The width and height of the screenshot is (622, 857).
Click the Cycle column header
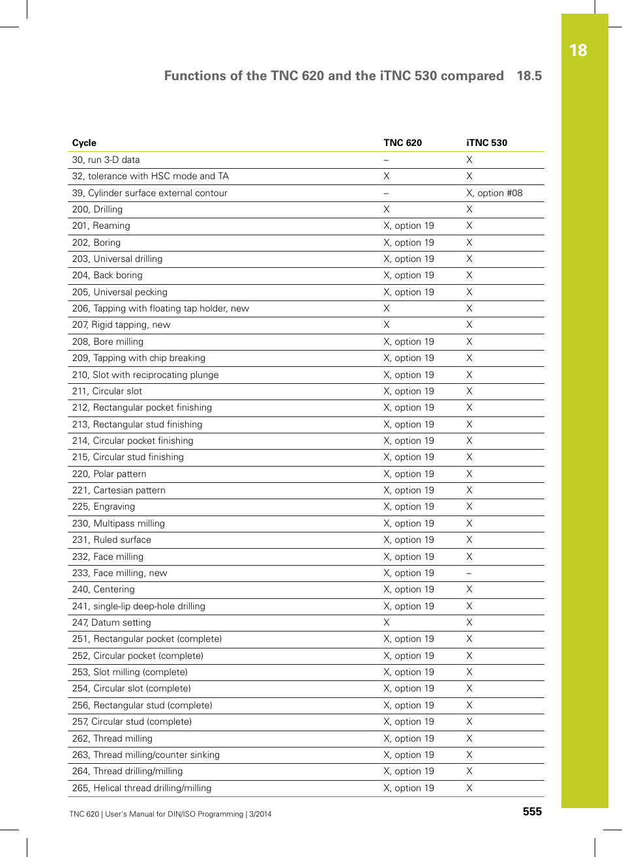[x=84, y=143]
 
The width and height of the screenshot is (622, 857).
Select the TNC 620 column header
[x=402, y=143]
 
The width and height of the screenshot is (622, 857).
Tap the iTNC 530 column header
[x=486, y=143]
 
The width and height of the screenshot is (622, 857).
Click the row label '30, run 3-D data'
[x=106, y=160]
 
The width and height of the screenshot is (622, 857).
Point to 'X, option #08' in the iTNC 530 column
[x=494, y=193]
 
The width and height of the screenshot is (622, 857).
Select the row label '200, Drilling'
[x=97, y=209]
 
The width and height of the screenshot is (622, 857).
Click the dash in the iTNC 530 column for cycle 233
[x=469, y=574]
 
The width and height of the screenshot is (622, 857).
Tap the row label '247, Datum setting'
[x=111, y=622]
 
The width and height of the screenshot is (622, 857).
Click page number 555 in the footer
[x=532, y=811]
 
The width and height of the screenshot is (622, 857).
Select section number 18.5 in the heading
[x=529, y=76]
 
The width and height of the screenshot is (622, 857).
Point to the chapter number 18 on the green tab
[x=578, y=51]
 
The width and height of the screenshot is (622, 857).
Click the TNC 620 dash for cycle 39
[x=386, y=194]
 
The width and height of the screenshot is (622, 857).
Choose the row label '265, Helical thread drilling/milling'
[x=141, y=788]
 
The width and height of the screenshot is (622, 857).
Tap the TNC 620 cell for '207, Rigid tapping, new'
[x=387, y=325]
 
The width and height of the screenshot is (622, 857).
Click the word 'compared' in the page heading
[x=472, y=76]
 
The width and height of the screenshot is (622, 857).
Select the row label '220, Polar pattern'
[x=109, y=474]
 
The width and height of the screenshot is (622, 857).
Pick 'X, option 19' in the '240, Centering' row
[x=409, y=589]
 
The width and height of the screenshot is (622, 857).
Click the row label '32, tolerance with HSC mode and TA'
[x=150, y=176]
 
